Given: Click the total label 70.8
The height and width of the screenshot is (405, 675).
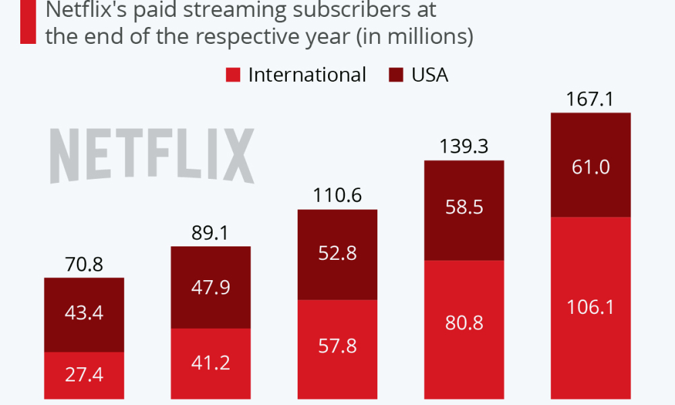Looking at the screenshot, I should click(x=84, y=265).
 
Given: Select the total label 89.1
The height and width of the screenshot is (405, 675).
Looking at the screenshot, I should click(x=211, y=234).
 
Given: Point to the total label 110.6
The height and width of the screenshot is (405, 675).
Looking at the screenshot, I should click(x=337, y=196).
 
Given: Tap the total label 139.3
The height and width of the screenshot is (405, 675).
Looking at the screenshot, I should click(x=464, y=147).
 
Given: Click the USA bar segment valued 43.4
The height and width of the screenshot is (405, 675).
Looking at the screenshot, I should click(x=84, y=315).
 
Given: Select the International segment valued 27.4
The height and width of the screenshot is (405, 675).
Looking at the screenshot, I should click(x=84, y=375).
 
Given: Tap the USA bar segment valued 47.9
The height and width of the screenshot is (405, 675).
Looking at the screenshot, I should click(x=211, y=288).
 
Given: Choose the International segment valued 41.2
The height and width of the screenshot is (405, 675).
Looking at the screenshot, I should click(x=211, y=363).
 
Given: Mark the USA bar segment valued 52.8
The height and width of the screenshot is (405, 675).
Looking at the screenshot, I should click(x=337, y=254).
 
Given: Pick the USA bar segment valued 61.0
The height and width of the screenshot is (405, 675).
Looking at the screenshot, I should click(x=591, y=165).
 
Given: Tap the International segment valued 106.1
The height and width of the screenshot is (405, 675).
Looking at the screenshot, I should click(x=591, y=308).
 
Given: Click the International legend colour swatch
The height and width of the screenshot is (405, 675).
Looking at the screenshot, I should click(x=233, y=75).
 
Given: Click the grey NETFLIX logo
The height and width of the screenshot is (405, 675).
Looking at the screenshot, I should click(x=153, y=156).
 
